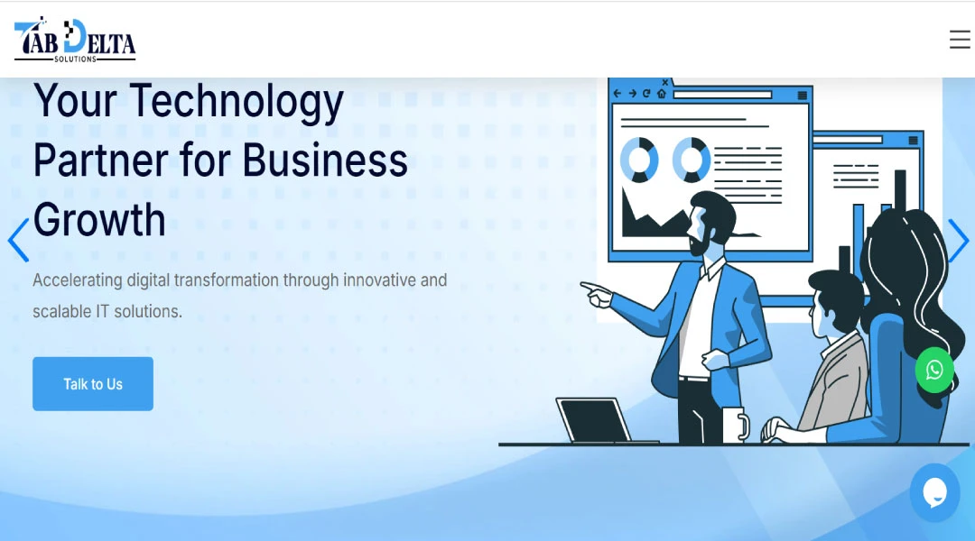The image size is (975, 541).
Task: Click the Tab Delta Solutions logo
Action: click(75, 41)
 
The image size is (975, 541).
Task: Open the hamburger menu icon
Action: click(960, 40)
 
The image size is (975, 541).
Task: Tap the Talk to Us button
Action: click(93, 384)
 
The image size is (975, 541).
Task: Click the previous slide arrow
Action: click(18, 241)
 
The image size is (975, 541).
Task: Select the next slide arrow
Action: click(958, 241)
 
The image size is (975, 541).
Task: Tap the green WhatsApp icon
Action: click(934, 370)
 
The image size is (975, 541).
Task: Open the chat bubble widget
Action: click(934, 492)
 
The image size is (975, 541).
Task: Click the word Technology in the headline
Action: click(237, 101)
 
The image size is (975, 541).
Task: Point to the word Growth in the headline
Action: click(99, 220)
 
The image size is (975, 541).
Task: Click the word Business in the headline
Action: click(325, 160)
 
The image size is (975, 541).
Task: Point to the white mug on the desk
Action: click(734, 425)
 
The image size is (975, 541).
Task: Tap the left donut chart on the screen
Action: click(639, 160)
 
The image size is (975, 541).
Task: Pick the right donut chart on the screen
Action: click(692, 160)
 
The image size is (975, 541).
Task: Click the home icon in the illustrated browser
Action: click(662, 93)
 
